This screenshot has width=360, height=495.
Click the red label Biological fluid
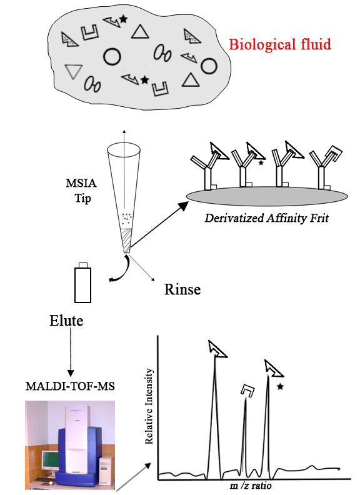pos(280,44)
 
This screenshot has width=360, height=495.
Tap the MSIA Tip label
pos(81,191)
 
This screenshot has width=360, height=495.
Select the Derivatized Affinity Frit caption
pos(267,218)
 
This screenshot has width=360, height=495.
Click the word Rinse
pos(182,289)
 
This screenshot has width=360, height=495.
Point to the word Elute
pos(66,321)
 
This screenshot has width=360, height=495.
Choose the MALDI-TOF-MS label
pos(70,386)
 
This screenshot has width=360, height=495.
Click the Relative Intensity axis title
pos(149,406)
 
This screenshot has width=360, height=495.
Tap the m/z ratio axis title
pos(251,486)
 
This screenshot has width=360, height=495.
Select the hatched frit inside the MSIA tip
pos(126,240)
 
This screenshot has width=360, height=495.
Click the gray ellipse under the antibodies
pos(267,196)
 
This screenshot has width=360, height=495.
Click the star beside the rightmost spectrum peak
pos(280,386)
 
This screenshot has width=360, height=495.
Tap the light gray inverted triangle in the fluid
pos(74,71)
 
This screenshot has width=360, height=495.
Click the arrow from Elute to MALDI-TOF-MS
pos(71,351)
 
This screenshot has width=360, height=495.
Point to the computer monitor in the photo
pos(50,462)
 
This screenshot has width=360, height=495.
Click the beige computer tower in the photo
pos(105,471)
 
